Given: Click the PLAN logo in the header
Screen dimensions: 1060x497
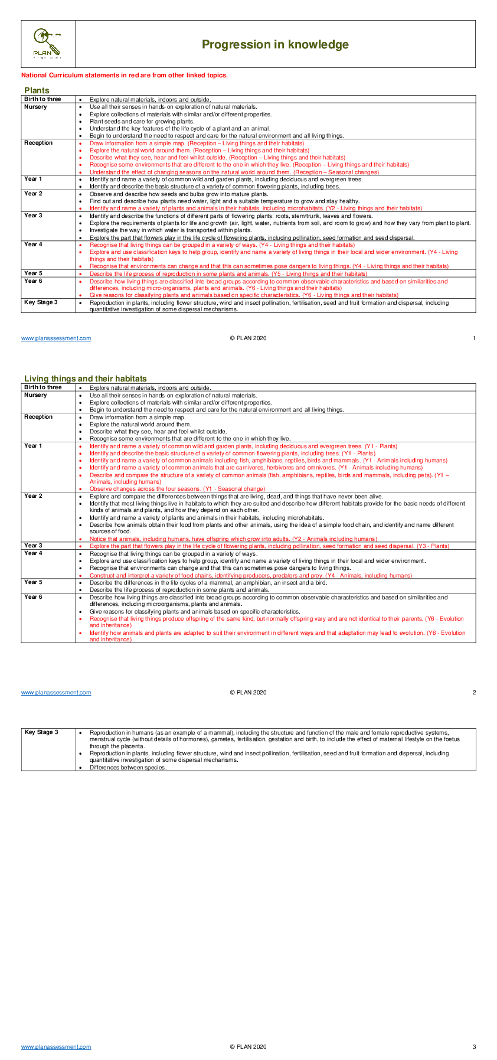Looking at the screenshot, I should pyautogui.click(x=47, y=43).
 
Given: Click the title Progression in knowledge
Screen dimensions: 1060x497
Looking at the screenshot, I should pyautogui.click(x=275, y=44).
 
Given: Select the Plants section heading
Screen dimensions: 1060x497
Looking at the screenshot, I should pyautogui.click(x=37, y=90).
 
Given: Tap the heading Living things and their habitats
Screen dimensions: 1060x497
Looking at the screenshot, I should pyautogui.click(x=86, y=379).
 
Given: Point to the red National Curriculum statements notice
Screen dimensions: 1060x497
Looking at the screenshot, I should pyautogui.click(x=125, y=75).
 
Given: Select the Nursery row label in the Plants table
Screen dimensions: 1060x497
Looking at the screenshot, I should pyautogui.click(x=35, y=107).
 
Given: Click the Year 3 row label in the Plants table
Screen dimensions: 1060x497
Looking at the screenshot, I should pyautogui.click(x=33, y=216).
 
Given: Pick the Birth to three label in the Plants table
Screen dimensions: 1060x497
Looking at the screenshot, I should pyautogui.click(x=42, y=99).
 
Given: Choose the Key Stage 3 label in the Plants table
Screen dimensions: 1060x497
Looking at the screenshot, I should pyautogui.click(x=41, y=302).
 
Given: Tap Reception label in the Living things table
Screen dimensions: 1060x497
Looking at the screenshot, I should pyautogui.click(x=38, y=417).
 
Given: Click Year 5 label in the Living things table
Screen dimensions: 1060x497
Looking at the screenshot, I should pyautogui.click(x=33, y=582).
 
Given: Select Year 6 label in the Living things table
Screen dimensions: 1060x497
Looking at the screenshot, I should pyautogui.click(x=33, y=597).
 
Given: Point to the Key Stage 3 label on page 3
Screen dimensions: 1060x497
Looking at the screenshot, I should pyautogui.click(x=41, y=732).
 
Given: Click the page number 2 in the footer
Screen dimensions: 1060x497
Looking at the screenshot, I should pyautogui.click(x=474, y=692).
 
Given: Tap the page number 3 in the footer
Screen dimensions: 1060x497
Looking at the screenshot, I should pyautogui.click(x=474, y=1046).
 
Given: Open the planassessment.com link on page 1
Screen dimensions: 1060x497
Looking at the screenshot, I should pyautogui.click(x=56, y=338).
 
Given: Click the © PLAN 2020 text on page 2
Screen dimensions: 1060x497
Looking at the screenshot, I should pyautogui.click(x=248, y=692).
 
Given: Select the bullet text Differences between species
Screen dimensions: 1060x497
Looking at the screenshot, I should pyautogui.click(x=128, y=768).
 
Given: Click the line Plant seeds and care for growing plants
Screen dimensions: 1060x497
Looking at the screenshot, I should pyautogui.click(x=142, y=122).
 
